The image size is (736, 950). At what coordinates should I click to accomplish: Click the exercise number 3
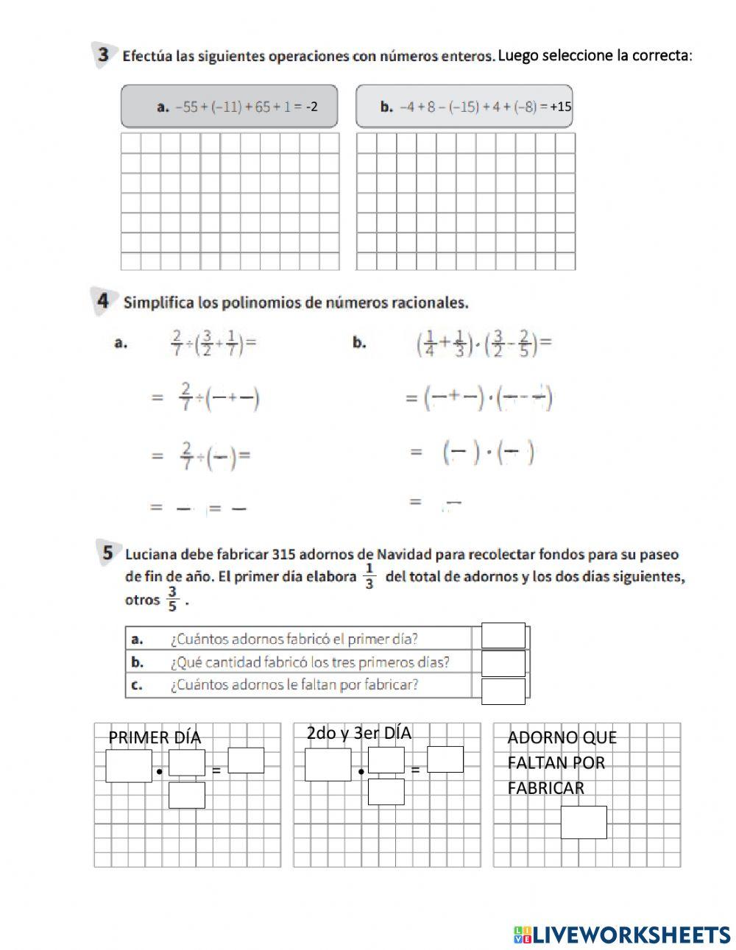click(104, 54)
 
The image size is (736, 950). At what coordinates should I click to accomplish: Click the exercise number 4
click(103, 301)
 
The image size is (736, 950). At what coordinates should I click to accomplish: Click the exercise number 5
click(107, 553)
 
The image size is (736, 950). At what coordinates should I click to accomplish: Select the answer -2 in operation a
click(311, 107)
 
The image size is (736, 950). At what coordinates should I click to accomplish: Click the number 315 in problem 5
click(285, 554)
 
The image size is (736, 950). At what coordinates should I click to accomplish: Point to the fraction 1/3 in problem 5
click(369, 577)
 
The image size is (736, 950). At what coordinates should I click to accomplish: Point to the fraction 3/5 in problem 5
click(172, 600)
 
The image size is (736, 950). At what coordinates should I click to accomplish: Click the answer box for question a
click(503, 636)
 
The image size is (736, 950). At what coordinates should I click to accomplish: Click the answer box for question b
click(503, 663)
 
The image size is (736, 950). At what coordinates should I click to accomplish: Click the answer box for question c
click(503, 691)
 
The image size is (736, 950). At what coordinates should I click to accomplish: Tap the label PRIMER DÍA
click(155, 737)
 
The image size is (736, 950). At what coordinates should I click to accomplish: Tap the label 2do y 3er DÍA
click(358, 733)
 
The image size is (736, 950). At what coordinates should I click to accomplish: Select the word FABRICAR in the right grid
click(545, 788)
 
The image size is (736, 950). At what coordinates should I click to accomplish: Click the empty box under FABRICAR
click(584, 822)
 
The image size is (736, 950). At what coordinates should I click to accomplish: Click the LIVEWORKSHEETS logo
click(622, 935)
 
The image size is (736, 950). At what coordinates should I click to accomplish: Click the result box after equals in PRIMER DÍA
click(246, 760)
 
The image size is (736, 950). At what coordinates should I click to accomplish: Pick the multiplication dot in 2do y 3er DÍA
click(361, 772)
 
